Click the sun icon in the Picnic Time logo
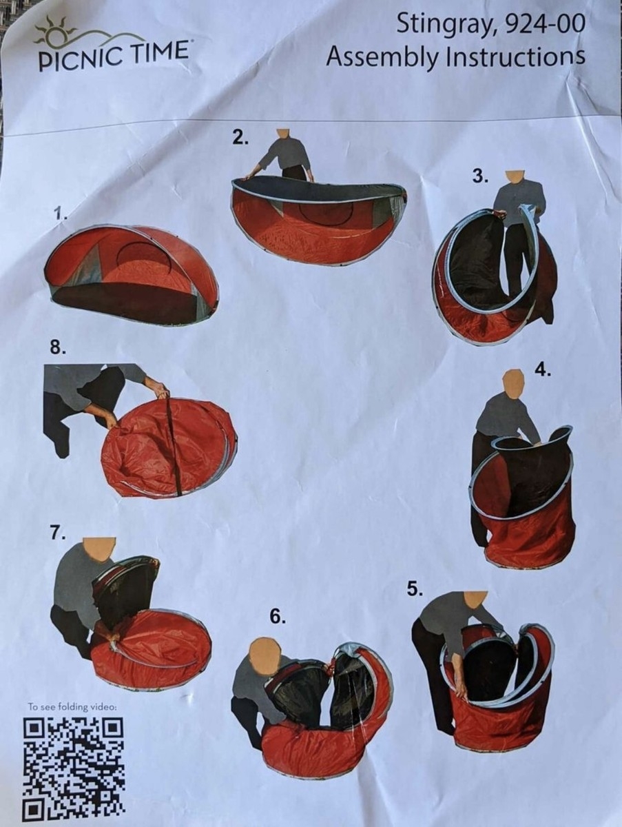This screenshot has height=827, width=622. point(55,30)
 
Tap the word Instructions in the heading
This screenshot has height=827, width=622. point(515,57)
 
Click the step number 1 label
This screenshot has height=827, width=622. point(61,214)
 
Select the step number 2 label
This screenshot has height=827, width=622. point(240,139)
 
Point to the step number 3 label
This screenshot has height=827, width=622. point(481,176)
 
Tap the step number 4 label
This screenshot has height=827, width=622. point(543,370)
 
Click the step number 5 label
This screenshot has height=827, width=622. point(415,590)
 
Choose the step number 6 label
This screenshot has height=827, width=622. point(278,617)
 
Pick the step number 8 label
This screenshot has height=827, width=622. point(59,348)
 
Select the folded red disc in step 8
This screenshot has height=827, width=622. point(169,450)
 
